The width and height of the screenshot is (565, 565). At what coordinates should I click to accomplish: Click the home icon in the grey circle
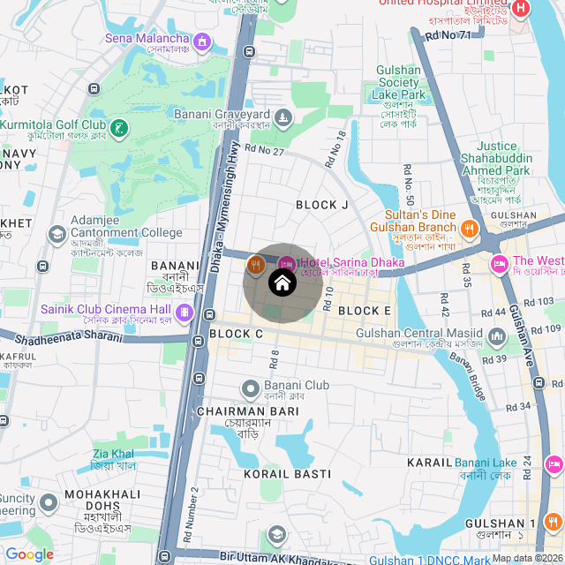pos(281,283)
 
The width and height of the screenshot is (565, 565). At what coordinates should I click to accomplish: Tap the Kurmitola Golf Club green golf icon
pos(120,128)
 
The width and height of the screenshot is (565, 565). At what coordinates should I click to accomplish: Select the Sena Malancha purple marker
pos(204,41)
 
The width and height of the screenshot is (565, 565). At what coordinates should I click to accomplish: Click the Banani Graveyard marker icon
pos(282,117)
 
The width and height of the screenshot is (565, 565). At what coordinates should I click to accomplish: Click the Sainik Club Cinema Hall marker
pos(185,311)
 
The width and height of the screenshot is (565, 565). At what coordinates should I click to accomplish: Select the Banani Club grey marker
pos(251,387)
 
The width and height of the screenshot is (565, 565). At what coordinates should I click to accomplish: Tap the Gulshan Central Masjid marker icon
pos(496,336)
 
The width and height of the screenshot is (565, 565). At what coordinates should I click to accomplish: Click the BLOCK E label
pos(364,311)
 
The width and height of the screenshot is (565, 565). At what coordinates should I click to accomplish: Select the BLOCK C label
pos(237,334)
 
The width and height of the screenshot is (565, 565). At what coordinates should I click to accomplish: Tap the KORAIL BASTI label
pos(287,474)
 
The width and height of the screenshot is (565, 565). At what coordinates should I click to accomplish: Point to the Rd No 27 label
pos(265,151)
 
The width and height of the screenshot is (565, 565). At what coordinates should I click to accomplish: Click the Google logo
pos(29,554)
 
